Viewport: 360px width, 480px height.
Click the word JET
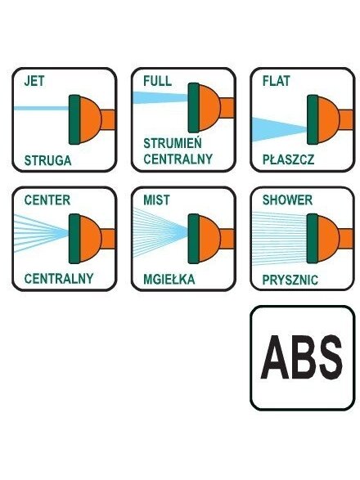[x=34, y=81]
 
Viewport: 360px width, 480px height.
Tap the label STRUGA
[x=47, y=160]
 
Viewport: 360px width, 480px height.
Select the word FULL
[x=157, y=81]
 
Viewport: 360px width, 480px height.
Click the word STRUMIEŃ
[x=173, y=143]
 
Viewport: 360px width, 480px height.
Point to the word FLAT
[x=276, y=81]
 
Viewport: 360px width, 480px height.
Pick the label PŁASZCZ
[x=288, y=159]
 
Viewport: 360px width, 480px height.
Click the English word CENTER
[x=47, y=200]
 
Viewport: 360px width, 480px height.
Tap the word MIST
[x=156, y=200]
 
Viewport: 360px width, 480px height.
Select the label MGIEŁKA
[x=169, y=279]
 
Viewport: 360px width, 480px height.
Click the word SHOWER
[x=287, y=200]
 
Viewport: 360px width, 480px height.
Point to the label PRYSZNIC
[x=290, y=280]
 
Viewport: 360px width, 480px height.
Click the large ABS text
[x=301, y=357]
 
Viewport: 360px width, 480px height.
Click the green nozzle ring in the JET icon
[x=74, y=119]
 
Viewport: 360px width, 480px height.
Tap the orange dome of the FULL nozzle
[x=209, y=107]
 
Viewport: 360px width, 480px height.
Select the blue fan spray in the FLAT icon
[x=279, y=129]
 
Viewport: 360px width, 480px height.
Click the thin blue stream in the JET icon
[x=42, y=108]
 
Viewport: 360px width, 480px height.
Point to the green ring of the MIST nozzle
[x=194, y=239]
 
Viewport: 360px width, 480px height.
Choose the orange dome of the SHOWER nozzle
[x=329, y=239]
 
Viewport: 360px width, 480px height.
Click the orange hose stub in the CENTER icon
[x=108, y=239]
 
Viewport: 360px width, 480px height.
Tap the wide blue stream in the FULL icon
[x=160, y=97]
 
